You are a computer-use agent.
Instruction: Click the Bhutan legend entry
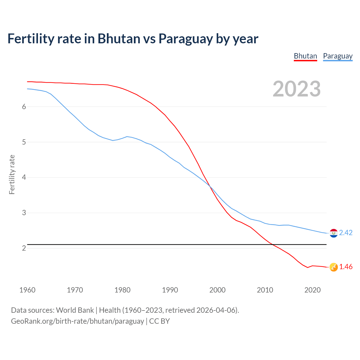[305, 56]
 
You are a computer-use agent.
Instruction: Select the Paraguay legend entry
[337, 56]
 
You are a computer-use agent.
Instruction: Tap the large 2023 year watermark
[296, 89]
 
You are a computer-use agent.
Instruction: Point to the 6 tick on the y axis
[24, 107]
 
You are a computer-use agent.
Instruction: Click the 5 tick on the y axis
[24, 142]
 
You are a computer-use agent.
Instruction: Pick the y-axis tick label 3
[24, 213]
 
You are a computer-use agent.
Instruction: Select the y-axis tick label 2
[24, 248]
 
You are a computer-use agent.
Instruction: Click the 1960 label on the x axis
[27, 290]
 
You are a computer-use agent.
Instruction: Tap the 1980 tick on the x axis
[122, 290]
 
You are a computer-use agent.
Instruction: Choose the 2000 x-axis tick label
[217, 290]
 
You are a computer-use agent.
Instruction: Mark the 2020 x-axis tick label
[312, 290]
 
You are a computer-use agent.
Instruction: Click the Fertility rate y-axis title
[12, 174]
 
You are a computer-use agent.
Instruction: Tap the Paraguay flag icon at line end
[334, 233]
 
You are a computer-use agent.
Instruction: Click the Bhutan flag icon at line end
[334, 267]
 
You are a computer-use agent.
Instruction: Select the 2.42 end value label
[346, 233]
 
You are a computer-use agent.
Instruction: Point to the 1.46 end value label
[346, 267]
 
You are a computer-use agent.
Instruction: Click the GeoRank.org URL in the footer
[77, 321]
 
